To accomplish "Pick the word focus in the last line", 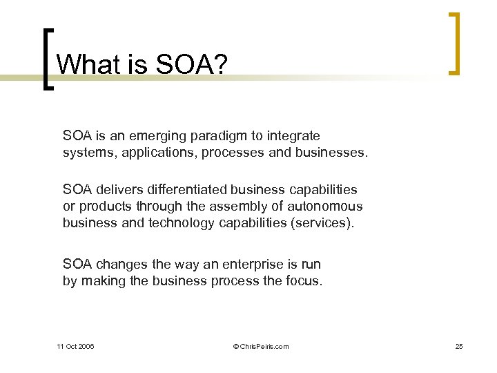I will click(x=303, y=280).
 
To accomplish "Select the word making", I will click(x=102, y=280).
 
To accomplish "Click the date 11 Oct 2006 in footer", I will click(x=75, y=346).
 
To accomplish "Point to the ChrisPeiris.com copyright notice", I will click(x=261, y=346).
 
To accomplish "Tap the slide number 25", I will click(x=459, y=346).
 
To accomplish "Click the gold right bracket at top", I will click(x=454, y=43).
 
